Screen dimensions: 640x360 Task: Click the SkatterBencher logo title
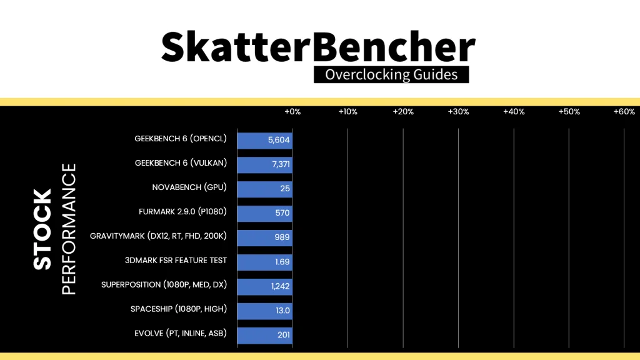pyautogui.click(x=318, y=47)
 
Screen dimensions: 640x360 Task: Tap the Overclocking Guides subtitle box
pyautogui.click(x=391, y=75)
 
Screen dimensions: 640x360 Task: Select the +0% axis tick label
pyautogui.click(x=292, y=111)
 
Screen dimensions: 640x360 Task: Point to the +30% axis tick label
pyautogui.click(x=458, y=111)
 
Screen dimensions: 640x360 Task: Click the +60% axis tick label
pyautogui.click(x=624, y=111)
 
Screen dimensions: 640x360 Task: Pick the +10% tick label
pyautogui.click(x=347, y=111)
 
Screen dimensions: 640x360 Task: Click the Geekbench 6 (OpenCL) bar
pyautogui.click(x=264, y=140)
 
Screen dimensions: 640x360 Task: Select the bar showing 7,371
pyautogui.click(x=264, y=164)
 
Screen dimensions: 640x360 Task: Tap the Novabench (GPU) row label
pyautogui.click(x=189, y=187)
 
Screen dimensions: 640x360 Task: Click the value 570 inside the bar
pyautogui.click(x=282, y=212)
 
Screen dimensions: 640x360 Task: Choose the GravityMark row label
pyautogui.click(x=158, y=236)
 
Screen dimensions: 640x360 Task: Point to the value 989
pyautogui.click(x=282, y=237)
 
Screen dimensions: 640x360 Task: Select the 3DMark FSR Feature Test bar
pyautogui.click(x=264, y=262)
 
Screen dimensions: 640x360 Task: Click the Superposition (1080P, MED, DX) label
pyautogui.click(x=164, y=284)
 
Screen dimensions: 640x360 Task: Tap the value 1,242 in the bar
pyautogui.click(x=281, y=286)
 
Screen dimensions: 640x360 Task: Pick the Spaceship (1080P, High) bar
pyautogui.click(x=264, y=311)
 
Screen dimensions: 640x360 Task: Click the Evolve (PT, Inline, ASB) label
pyautogui.click(x=181, y=334)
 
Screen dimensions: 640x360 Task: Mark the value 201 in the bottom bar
pyautogui.click(x=283, y=335)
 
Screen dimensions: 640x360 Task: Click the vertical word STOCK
pyautogui.click(x=42, y=229)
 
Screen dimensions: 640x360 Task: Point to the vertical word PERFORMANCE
pyautogui.click(x=69, y=229)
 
